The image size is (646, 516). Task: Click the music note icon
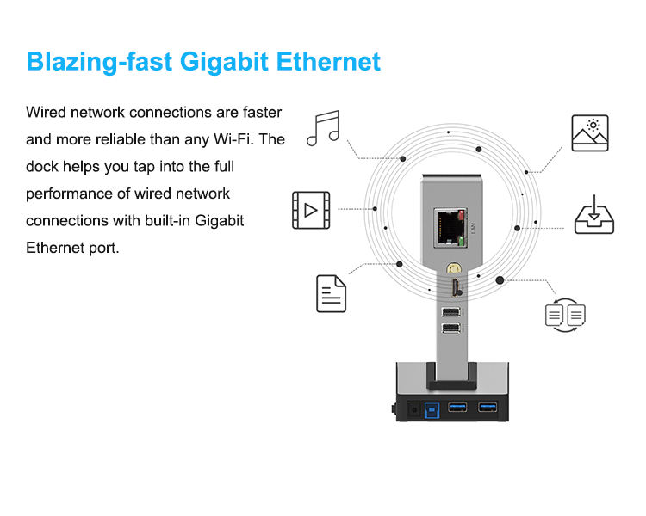324,128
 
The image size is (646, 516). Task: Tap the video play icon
310,209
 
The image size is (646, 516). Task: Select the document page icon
332,293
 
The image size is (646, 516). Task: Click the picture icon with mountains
590,133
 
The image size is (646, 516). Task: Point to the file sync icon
565,316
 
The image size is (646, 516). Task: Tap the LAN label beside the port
473,228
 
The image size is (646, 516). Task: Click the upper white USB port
450,312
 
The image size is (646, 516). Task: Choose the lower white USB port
450,329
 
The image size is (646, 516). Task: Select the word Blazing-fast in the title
88,62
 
